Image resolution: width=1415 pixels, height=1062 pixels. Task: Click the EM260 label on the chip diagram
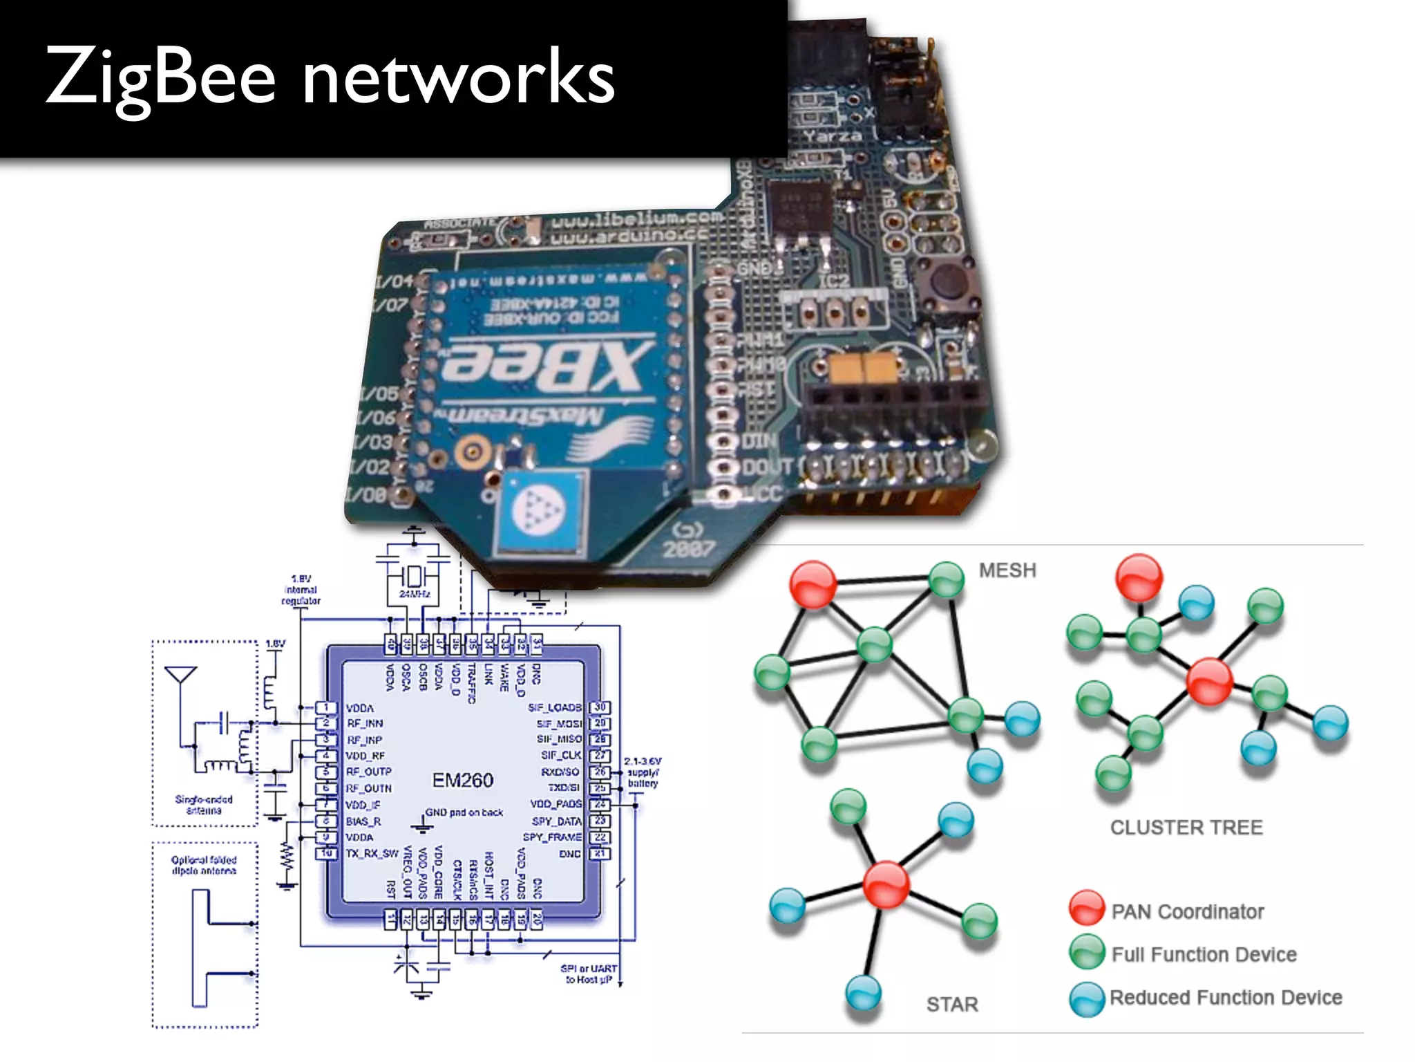[x=462, y=781]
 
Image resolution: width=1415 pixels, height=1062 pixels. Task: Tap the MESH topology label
[x=1007, y=570]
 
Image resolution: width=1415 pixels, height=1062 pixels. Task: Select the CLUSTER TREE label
[x=1186, y=828]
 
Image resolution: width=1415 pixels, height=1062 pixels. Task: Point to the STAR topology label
[x=952, y=1004]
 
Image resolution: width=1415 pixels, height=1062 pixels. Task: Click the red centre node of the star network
[x=886, y=884]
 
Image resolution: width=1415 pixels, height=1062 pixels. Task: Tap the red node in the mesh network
[x=813, y=585]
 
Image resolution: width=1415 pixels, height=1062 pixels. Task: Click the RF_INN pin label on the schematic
[x=365, y=724]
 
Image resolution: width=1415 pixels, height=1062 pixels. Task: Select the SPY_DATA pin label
[x=556, y=821]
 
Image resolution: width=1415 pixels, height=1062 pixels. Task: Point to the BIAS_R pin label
[x=363, y=821]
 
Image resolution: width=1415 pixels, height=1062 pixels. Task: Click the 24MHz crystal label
[x=415, y=594]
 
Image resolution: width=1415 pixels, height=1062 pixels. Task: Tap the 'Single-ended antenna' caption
[x=204, y=805]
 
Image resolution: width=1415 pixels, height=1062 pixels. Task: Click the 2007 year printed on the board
[x=689, y=549]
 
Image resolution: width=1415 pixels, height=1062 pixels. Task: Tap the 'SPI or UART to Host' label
[x=589, y=973]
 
